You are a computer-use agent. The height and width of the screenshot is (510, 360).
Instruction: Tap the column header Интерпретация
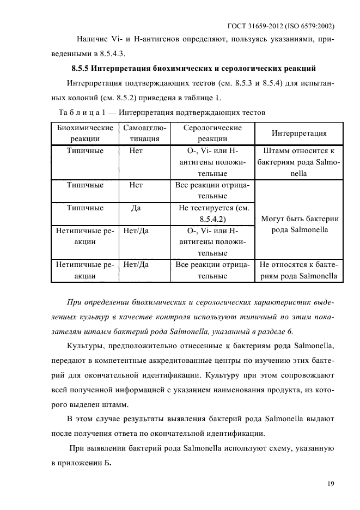[x=299, y=133]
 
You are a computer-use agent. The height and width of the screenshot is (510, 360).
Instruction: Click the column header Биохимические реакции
[x=85, y=133]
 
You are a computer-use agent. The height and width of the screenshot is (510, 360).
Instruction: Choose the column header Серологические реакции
[x=212, y=133]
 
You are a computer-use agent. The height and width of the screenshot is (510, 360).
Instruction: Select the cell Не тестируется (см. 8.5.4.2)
[x=212, y=214]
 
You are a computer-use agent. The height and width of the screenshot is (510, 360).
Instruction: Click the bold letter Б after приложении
[x=108, y=462]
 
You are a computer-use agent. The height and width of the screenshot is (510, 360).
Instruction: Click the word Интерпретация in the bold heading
[x=121, y=69]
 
